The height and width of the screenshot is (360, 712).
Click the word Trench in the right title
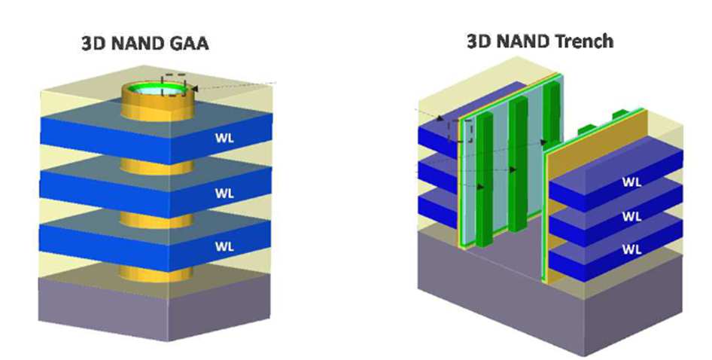[576, 40]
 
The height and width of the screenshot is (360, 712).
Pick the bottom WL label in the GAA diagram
[224, 246]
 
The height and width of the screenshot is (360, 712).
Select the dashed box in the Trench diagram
[459, 131]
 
